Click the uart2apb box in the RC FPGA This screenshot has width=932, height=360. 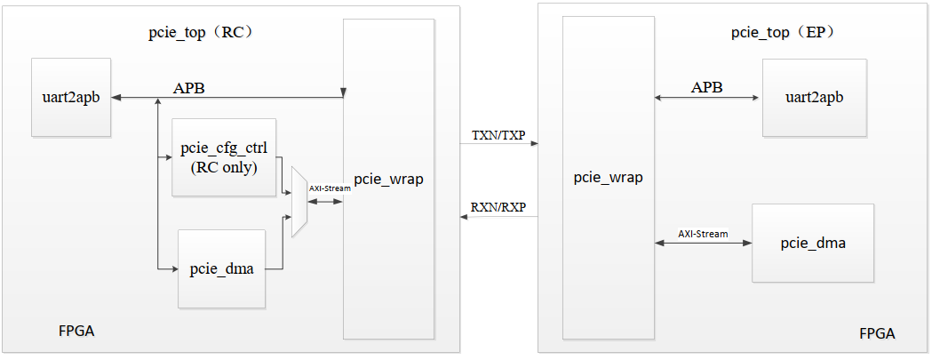[x=71, y=98]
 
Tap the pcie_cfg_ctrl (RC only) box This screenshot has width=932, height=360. [x=224, y=157]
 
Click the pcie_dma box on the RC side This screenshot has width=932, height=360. [x=222, y=269]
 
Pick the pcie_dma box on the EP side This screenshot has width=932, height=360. [x=813, y=243]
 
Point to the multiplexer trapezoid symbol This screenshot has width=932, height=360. [x=299, y=201]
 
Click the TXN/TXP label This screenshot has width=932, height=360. [x=498, y=136]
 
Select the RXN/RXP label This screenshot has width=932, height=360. [x=498, y=208]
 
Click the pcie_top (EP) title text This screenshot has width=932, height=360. [x=782, y=33]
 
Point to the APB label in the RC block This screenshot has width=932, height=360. [x=190, y=87]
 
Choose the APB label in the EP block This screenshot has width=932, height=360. [x=706, y=87]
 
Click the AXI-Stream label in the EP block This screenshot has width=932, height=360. [x=703, y=234]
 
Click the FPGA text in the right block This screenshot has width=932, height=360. [x=877, y=334]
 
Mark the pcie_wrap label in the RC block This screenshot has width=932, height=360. [x=388, y=180]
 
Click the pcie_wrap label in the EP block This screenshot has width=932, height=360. [x=608, y=178]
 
